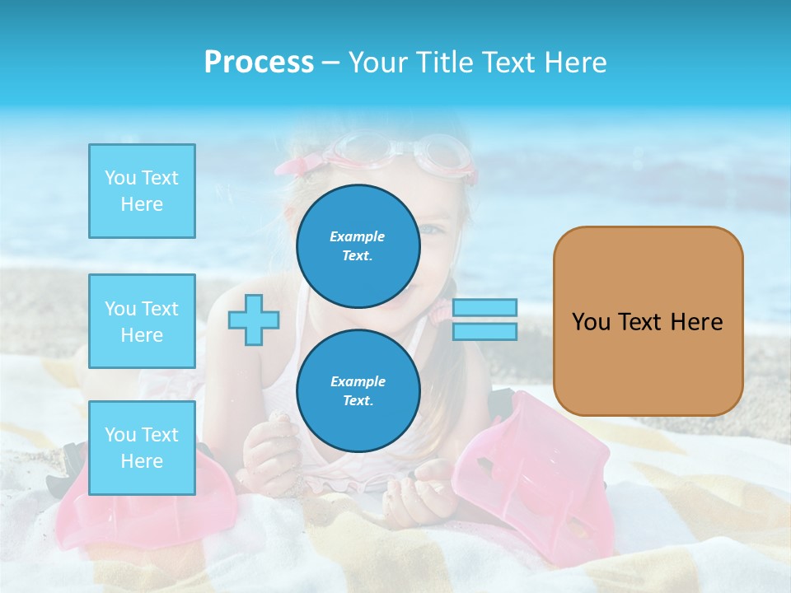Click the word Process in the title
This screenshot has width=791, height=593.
259,63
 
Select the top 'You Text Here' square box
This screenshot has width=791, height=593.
142,191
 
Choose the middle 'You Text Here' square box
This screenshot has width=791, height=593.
142,321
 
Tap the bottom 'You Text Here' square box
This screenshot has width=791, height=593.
142,447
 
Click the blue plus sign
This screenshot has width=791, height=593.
254,320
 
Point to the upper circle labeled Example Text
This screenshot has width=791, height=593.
358,245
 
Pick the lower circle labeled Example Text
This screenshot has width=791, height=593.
358,390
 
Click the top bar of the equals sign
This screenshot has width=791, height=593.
484,308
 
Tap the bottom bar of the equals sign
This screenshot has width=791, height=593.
484,331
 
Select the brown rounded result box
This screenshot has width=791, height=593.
648,321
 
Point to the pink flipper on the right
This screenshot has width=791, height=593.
527,469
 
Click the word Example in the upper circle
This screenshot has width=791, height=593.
357,236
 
